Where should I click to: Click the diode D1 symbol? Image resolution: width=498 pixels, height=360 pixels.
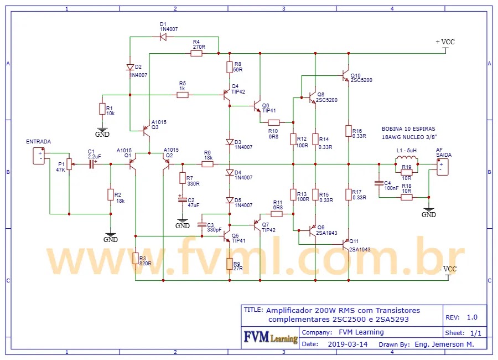163,37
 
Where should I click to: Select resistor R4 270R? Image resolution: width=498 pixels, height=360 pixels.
196,54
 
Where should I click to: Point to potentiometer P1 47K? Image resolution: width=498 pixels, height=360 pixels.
69,164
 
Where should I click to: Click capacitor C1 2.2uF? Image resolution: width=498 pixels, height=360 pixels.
92,164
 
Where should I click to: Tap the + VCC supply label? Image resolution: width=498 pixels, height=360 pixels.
445,42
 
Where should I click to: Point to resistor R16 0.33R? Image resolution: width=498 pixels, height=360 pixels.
348,132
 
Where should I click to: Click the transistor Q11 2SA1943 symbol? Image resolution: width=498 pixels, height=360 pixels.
345,242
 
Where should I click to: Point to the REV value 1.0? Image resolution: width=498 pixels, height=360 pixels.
472,317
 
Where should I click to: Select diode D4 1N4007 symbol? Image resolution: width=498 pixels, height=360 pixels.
230,172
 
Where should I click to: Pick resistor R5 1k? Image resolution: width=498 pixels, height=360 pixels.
183,95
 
